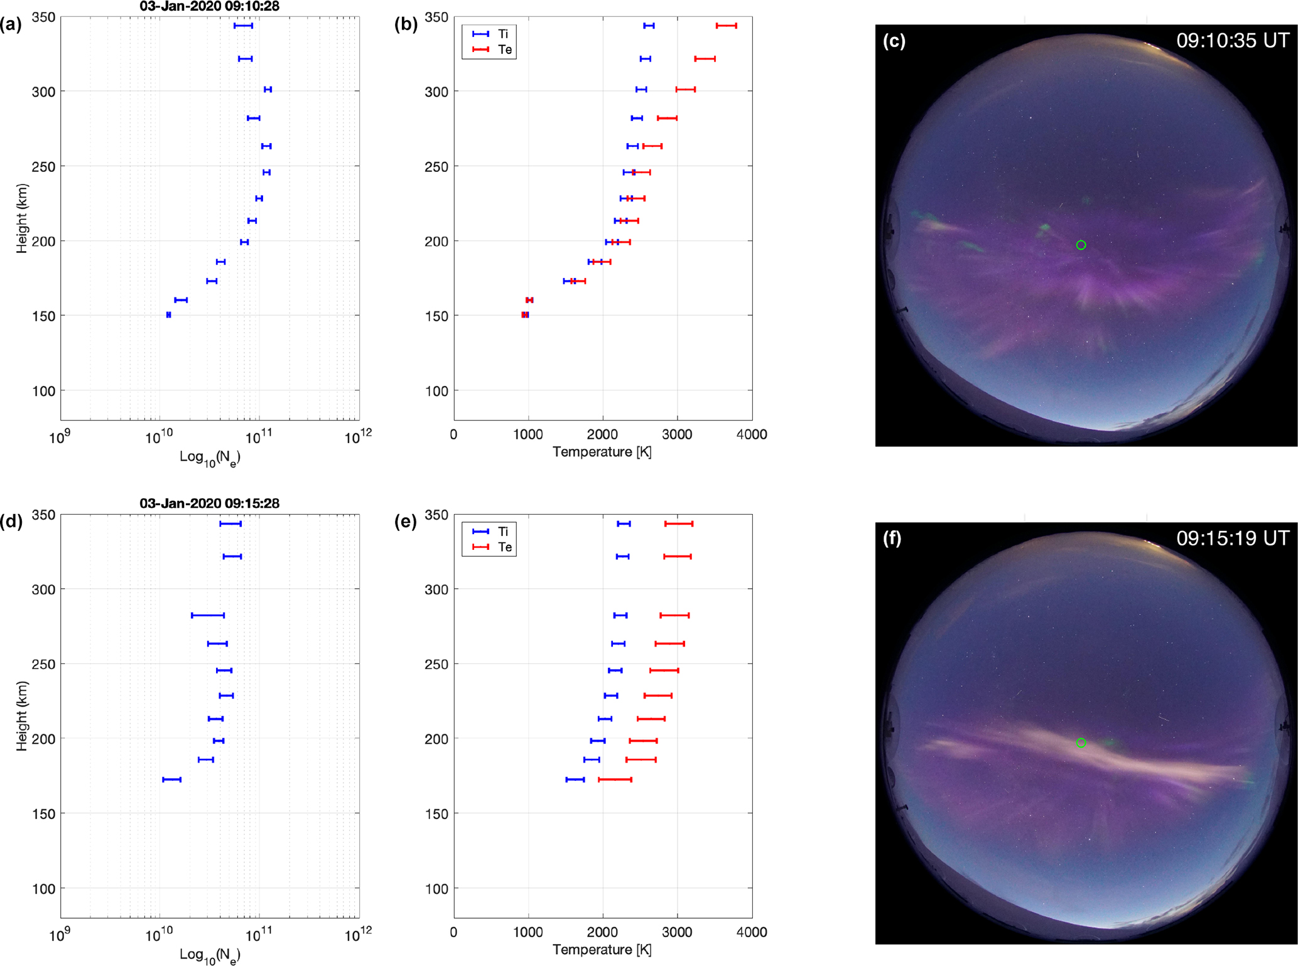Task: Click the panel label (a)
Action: click(x=11, y=25)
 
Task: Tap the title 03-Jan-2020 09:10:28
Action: click(x=209, y=7)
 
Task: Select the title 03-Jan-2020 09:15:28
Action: click(x=209, y=503)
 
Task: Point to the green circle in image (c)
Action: click(x=1081, y=245)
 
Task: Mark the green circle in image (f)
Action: click(x=1081, y=743)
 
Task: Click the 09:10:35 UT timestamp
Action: click(x=1233, y=41)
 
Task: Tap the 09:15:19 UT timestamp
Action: click(x=1233, y=539)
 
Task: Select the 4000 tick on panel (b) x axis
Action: click(x=752, y=434)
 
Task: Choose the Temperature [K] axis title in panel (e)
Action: click(x=602, y=950)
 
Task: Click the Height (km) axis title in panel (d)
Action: click(x=23, y=716)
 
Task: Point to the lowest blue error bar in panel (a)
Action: click(x=168, y=315)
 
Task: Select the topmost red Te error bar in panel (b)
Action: click(x=726, y=26)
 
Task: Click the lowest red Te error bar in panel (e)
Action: click(x=615, y=780)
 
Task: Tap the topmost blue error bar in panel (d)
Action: click(x=230, y=523)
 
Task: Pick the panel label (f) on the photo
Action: click(x=892, y=539)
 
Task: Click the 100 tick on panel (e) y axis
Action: click(x=438, y=888)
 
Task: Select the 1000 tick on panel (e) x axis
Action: click(x=528, y=932)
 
